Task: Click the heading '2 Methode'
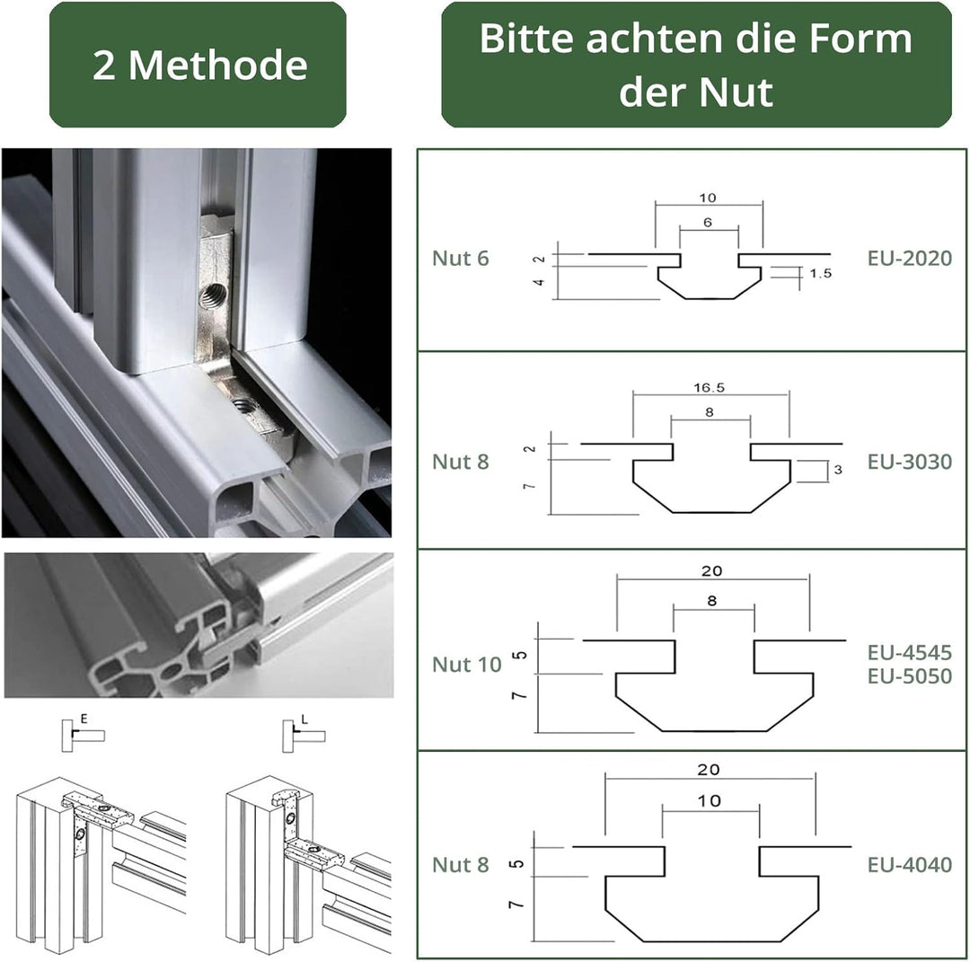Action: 199,66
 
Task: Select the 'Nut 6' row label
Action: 460,259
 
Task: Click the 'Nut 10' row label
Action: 466,665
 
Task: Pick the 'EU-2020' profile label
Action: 909,259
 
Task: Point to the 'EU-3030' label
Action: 909,462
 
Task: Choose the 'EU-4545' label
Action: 909,652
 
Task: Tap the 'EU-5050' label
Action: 909,675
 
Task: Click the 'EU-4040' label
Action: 909,864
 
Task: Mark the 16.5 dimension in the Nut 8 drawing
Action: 710,388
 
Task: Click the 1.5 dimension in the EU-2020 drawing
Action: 820,274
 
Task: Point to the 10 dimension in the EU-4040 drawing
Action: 710,801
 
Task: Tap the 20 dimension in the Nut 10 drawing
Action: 713,570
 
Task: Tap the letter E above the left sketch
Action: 84,719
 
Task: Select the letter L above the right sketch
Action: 304,719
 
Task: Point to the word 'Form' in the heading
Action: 869,40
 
